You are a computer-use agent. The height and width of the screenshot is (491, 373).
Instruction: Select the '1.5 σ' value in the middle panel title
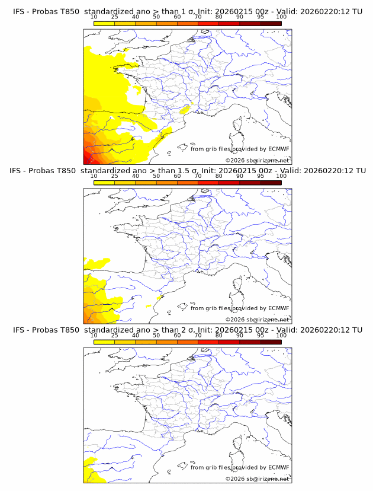click(191, 171)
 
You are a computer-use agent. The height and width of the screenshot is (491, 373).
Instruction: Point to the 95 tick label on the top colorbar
click(261, 17)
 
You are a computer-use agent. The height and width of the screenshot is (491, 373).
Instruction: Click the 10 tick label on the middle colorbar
click(94, 176)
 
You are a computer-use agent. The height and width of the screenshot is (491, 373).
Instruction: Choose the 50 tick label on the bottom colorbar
click(156, 335)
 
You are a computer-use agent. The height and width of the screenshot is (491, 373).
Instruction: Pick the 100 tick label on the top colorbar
click(281, 17)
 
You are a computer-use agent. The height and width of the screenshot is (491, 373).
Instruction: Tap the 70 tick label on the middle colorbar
click(198, 176)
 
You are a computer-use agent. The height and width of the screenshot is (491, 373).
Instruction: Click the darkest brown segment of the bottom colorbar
click(271, 342)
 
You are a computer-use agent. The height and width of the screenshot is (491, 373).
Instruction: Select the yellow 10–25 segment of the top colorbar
click(104, 24)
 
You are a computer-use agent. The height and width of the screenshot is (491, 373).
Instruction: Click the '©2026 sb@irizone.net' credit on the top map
click(257, 161)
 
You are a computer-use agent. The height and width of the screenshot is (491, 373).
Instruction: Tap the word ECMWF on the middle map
click(279, 308)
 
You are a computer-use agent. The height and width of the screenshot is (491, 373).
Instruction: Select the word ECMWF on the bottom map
click(279, 467)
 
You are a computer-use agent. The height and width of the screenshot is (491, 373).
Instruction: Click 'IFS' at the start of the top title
click(18, 12)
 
